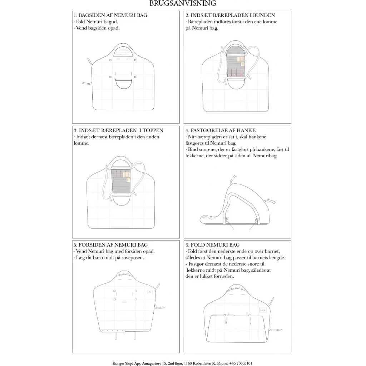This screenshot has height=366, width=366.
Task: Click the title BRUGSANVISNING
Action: (x=183, y=4)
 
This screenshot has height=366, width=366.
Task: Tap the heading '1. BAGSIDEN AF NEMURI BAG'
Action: (x=110, y=15)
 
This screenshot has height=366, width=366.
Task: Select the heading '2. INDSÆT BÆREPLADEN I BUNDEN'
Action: (x=230, y=15)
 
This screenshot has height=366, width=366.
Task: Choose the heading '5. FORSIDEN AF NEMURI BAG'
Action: (x=110, y=245)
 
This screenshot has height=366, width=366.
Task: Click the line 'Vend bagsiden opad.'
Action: (x=97, y=28)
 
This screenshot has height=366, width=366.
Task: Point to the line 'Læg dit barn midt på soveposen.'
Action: (x=109, y=257)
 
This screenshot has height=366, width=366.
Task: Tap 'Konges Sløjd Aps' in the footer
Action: (x=127, y=363)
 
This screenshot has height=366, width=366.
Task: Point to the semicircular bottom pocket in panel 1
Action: (x=123, y=84)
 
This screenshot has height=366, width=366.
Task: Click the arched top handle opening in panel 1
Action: (x=123, y=52)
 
